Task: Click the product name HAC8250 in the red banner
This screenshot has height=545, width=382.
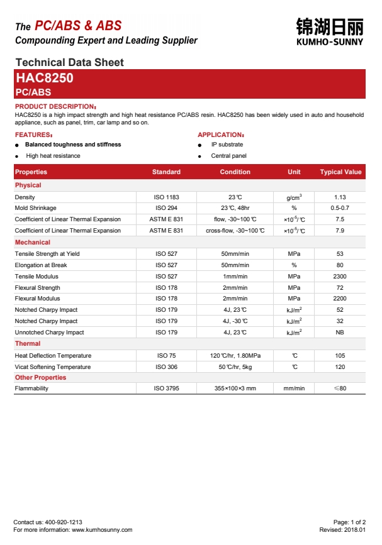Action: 44,79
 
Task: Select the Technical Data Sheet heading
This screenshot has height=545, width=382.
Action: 69,62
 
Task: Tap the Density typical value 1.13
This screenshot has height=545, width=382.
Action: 340,197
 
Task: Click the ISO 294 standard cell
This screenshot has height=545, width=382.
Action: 166,208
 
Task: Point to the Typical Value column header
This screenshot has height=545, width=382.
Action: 340,172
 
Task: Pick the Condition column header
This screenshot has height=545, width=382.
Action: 235,172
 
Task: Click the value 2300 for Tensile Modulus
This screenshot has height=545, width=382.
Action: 340,277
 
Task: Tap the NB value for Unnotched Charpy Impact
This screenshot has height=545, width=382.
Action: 340,333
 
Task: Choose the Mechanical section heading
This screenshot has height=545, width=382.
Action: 33,242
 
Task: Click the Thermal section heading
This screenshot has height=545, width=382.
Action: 28,344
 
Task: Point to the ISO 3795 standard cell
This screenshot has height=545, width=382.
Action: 167,388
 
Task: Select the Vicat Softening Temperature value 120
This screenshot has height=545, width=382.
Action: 340,367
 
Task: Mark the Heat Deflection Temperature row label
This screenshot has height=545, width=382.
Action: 53,356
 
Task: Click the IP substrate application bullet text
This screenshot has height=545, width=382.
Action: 227,145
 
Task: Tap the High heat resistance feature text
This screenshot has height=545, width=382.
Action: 53,156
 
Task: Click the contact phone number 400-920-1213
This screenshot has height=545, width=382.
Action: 63,522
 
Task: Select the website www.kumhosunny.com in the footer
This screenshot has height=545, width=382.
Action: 102,530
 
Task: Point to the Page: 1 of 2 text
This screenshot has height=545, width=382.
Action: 349,522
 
